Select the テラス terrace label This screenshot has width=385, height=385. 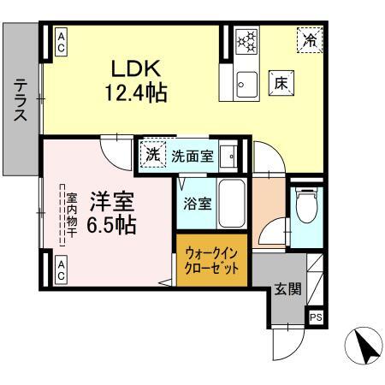[x=19, y=101]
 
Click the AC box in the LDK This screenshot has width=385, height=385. [x=62, y=42]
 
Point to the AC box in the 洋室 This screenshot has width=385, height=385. [x=62, y=271]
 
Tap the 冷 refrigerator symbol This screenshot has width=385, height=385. [x=311, y=38]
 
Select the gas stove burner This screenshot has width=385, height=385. [x=246, y=40]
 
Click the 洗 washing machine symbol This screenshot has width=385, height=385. [x=151, y=156]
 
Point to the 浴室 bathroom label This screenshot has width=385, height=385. [x=195, y=204]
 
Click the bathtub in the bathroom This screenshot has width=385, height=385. [x=231, y=204]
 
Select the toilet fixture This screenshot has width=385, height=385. [x=304, y=206]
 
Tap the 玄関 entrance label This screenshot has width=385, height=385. [x=287, y=289]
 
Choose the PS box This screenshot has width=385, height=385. [x=316, y=317]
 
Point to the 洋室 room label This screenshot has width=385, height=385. [x=111, y=203]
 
